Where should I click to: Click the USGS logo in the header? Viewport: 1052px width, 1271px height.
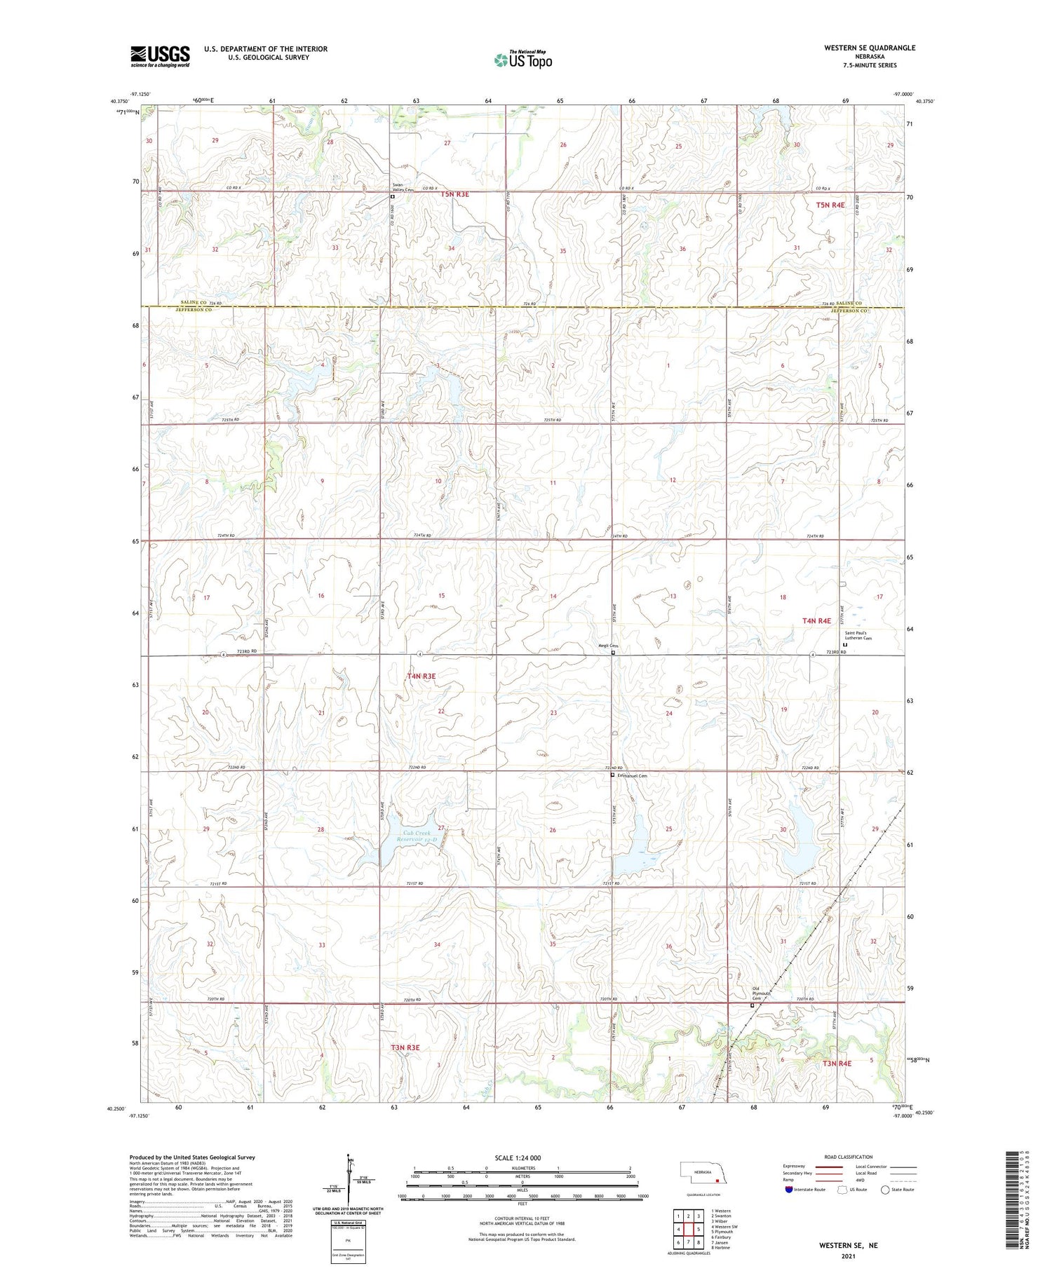160,56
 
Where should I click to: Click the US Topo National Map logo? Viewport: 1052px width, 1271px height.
522,60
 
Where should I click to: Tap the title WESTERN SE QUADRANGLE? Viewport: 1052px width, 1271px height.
870,48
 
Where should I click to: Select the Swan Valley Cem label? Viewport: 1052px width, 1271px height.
403,187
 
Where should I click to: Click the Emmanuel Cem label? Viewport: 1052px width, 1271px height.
631,776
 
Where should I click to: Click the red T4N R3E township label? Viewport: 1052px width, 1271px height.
422,676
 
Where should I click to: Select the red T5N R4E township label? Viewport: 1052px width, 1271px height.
830,205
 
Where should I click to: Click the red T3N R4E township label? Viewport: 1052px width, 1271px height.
837,1063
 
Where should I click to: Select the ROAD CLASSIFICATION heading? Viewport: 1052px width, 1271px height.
849,1157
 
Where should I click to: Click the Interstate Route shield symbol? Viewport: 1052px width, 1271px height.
789,1190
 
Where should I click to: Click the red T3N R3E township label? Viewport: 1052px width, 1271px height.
405,1047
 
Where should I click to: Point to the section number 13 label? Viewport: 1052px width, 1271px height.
673,596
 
